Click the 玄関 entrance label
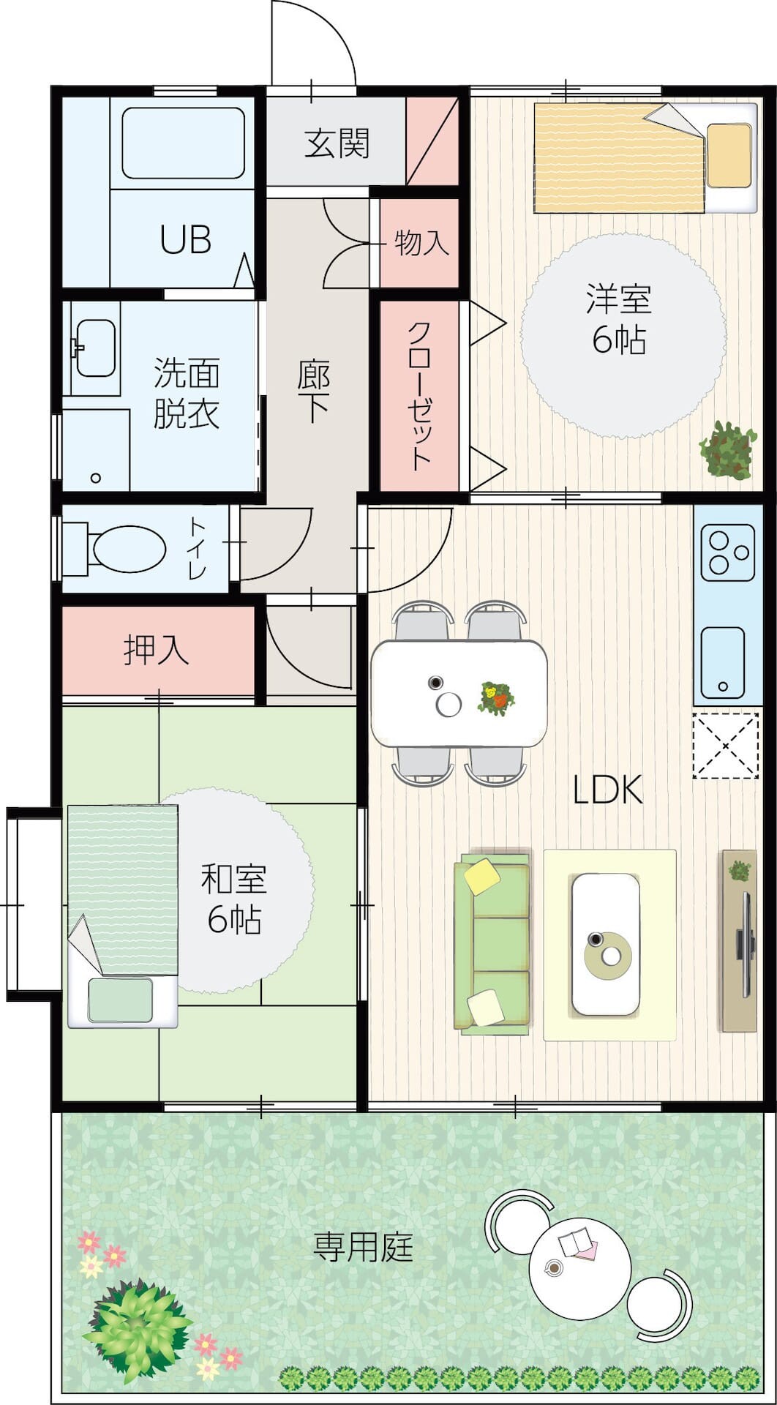(x=337, y=143)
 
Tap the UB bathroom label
(x=186, y=239)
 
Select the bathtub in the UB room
(x=183, y=143)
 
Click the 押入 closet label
(x=157, y=649)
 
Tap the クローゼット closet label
(x=419, y=396)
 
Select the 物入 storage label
(x=421, y=243)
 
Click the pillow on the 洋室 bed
(x=729, y=155)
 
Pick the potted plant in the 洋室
(x=728, y=450)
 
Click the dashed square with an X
(x=726, y=746)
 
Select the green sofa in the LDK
(x=492, y=944)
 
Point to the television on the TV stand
(x=746, y=944)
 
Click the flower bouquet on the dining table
(x=495, y=697)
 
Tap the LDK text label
(x=607, y=790)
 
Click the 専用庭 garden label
(x=364, y=1246)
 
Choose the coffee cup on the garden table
(x=554, y=1267)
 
